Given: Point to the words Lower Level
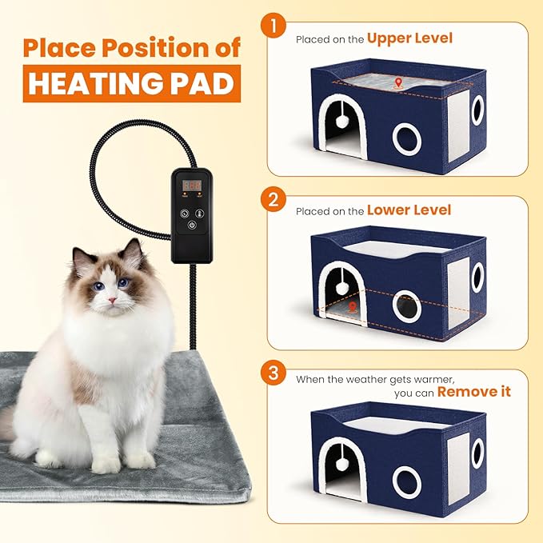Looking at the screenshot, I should (409, 210).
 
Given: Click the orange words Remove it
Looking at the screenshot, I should (473, 391).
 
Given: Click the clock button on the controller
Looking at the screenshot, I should (184, 214).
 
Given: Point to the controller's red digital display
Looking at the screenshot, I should (190, 185).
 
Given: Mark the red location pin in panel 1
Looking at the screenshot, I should (398, 82).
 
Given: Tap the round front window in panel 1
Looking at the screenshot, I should (406, 138).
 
